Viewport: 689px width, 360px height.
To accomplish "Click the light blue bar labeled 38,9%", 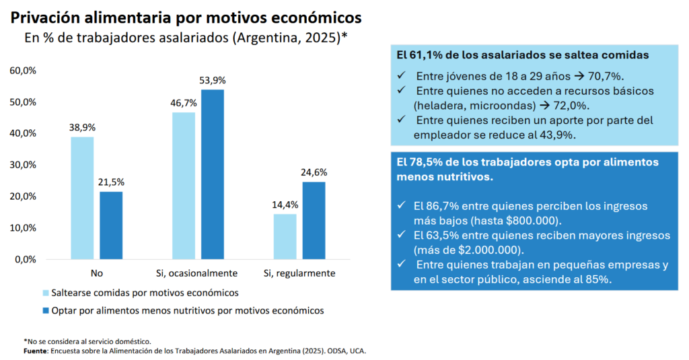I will point(82,198).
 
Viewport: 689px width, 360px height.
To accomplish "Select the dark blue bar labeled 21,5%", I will point(111,225).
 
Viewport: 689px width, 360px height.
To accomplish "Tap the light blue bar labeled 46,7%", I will point(184,186).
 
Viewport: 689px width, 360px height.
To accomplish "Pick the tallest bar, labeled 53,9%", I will point(213,174).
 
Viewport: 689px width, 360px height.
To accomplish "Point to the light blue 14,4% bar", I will point(285,236).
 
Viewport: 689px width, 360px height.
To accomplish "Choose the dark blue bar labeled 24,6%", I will point(314,220).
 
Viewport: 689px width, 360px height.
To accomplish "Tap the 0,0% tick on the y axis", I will point(25,259).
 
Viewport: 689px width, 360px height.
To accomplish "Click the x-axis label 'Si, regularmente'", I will point(299,274).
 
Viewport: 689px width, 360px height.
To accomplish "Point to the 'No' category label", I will point(97,274).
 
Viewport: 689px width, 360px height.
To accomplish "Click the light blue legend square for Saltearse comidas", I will point(46,293).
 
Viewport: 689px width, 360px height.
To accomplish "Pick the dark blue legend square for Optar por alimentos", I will point(46,311).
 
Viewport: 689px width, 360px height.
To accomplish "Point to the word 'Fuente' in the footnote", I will point(34,351).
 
